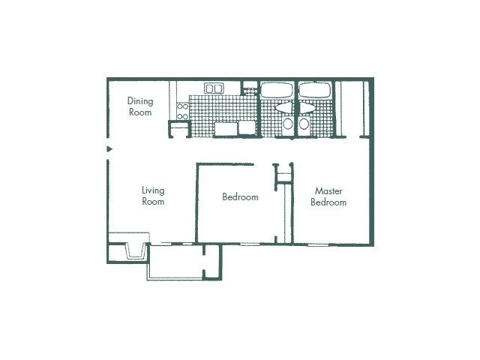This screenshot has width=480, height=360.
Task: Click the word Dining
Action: (139, 100)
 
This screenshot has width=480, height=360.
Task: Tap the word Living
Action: (153, 190)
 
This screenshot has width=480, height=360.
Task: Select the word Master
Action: (328, 190)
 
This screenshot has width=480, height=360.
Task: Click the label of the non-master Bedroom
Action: (240, 197)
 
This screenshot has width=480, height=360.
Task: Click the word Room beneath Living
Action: (153, 202)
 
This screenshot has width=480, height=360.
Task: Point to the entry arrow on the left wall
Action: (109, 149)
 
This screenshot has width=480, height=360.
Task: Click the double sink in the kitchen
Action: (214, 88)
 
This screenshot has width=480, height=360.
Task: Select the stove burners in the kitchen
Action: (182, 112)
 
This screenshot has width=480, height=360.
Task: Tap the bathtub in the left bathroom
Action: (277, 90)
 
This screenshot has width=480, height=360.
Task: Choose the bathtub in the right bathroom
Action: (313, 90)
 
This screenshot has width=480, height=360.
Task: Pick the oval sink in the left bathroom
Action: (285, 108)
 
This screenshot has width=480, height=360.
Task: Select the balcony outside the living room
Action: (175, 262)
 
